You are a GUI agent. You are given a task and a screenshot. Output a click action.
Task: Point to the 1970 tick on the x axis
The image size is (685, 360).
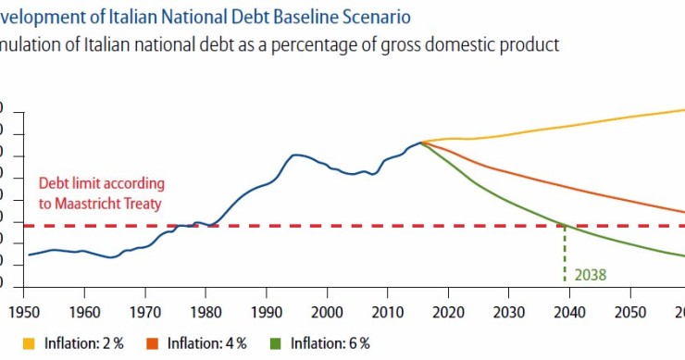click(x=145, y=313)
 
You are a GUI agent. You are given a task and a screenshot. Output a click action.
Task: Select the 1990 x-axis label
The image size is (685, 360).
click(x=267, y=313)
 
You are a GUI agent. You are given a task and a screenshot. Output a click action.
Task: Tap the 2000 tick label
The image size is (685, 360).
click(x=327, y=313)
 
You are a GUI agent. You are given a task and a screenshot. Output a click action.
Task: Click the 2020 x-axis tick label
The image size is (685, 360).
click(x=448, y=313)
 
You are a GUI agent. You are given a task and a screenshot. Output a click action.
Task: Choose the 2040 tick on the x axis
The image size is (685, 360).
click(x=569, y=313)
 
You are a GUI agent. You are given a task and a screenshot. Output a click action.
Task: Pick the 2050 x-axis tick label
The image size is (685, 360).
click(x=630, y=313)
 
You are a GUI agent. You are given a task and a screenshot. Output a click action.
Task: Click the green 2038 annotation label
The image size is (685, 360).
click(x=589, y=274)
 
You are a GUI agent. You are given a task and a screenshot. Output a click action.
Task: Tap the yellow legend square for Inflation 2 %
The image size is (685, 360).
click(x=15, y=343)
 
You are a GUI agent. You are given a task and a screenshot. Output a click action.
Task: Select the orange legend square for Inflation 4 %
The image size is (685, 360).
click(x=153, y=343)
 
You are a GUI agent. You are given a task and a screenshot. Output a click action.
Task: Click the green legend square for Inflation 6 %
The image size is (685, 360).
click(x=275, y=343)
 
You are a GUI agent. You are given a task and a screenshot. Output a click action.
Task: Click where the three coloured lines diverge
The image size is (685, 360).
click(x=422, y=143)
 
